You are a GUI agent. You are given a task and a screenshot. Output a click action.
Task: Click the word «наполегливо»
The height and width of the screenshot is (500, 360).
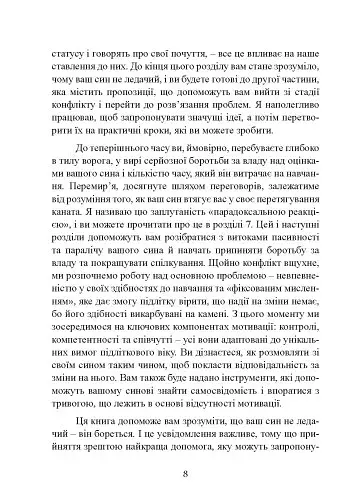[284, 123]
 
